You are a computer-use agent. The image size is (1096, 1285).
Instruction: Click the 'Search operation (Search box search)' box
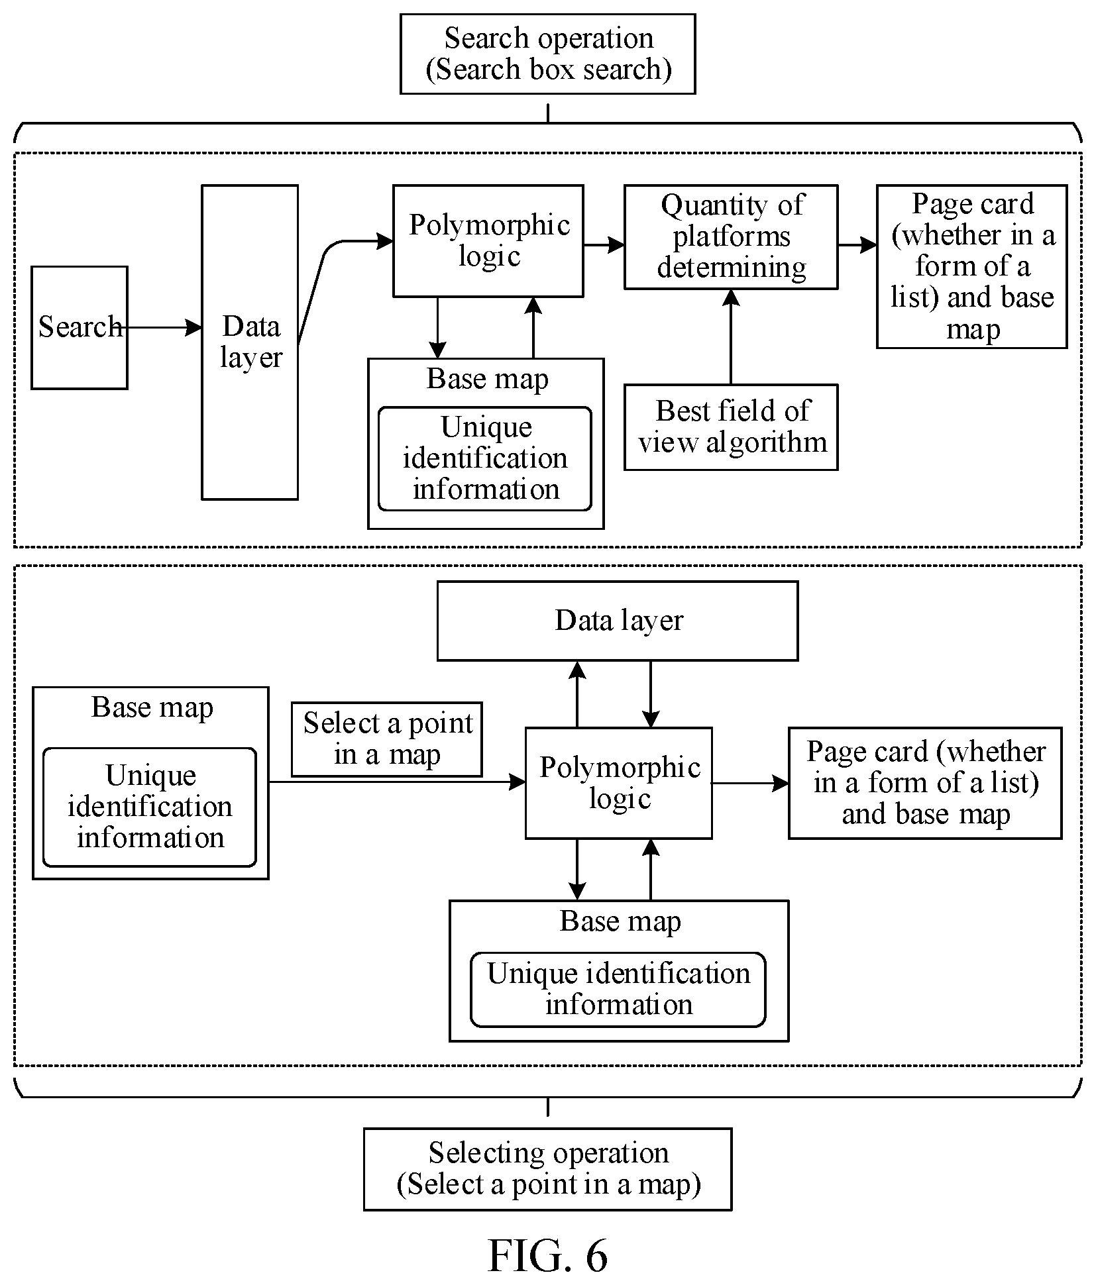click(x=547, y=54)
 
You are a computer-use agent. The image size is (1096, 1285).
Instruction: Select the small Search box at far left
click(x=80, y=327)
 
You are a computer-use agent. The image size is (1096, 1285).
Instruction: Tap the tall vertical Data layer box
click(x=250, y=342)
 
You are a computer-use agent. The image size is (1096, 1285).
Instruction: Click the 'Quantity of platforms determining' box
click(x=731, y=237)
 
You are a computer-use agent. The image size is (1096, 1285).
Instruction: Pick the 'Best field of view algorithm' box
click(x=731, y=427)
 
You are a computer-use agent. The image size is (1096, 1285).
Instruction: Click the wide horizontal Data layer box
click(x=618, y=621)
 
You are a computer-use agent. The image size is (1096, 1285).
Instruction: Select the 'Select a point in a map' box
click(x=387, y=739)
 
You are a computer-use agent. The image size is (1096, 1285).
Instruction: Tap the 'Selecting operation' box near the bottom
click(x=547, y=1169)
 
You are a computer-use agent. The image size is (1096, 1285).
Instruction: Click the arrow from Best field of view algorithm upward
click(x=731, y=337)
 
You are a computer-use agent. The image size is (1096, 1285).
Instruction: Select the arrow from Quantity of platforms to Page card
click(x=857, y=245)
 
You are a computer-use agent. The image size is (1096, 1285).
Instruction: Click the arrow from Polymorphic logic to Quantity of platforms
click(x=604, y=245)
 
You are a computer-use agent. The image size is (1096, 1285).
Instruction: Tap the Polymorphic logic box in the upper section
click(x=488, y=240)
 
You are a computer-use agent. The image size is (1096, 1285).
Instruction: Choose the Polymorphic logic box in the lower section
click(x=619, y=783)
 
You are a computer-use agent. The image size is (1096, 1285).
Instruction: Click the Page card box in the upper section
click(x=972, y=266)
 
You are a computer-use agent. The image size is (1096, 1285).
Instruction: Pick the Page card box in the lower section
click(x=925, y=783)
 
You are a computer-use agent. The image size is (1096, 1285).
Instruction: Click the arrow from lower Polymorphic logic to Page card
click(x=750, y=783)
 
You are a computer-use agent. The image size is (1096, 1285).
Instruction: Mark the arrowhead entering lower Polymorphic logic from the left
click(x=518, y=782)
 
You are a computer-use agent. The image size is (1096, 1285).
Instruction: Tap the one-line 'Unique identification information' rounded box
click(x=618, y=990)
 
